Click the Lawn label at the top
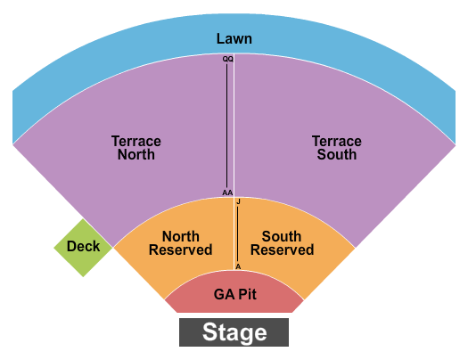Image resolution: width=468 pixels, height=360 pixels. [234, 38]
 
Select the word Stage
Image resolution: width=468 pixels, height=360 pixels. [234, 333]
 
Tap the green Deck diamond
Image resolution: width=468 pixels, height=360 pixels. [83, 247]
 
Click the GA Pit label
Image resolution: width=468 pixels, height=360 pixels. [235, 294]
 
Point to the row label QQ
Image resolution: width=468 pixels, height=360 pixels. [228, 58]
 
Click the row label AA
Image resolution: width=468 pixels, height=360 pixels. [227, 192]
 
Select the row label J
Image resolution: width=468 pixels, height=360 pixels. [239, 202]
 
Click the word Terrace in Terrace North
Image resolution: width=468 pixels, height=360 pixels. [135, 141]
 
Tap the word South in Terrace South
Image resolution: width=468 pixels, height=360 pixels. [337, 154]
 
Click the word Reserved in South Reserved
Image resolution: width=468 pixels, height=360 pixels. [282, 250]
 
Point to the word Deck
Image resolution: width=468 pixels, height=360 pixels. [83, 247]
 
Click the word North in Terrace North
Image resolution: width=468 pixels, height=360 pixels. [135, 154]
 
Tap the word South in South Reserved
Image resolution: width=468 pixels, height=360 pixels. [282, 236]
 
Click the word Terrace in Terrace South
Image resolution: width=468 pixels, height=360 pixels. [337, 141]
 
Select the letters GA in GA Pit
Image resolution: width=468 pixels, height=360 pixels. [223, 294]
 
